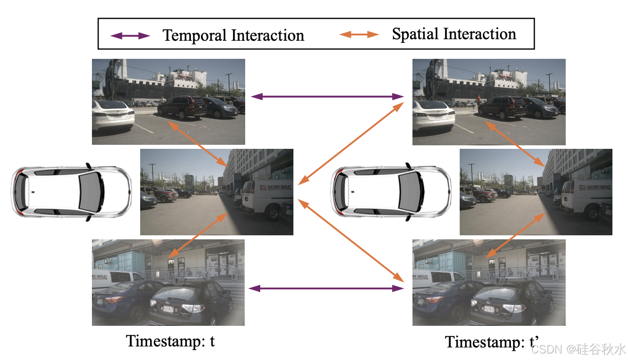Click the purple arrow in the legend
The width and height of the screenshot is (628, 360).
pyautogui.click(x=130, y=36)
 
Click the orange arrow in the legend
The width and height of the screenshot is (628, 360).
pyautogui.click(x=359, y=35)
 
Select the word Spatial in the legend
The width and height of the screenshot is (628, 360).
pyautogui.click(x=415, y=34)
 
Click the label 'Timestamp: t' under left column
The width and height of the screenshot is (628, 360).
pyautogui.click(x=170, y=341)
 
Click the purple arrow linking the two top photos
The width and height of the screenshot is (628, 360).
pyautogui.click(x=328, y=96)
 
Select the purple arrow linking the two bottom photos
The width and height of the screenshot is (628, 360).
pyautogui.click(x=327, y=289)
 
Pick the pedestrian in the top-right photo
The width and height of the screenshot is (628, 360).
pyautogui.click(x=478, y=101)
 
